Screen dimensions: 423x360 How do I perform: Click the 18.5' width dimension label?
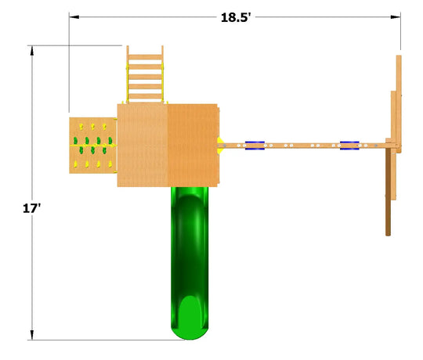236,17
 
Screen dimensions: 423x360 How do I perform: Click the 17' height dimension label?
31,208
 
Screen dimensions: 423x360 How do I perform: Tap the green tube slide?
190,263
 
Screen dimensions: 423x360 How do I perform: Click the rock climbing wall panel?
92,146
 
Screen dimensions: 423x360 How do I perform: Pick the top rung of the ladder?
145,57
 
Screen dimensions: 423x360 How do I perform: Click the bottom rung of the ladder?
145,96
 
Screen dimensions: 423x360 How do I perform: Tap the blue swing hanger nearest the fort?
255,146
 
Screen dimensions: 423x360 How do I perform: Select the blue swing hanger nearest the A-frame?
349,146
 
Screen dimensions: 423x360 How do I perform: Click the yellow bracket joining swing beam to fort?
220,146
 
